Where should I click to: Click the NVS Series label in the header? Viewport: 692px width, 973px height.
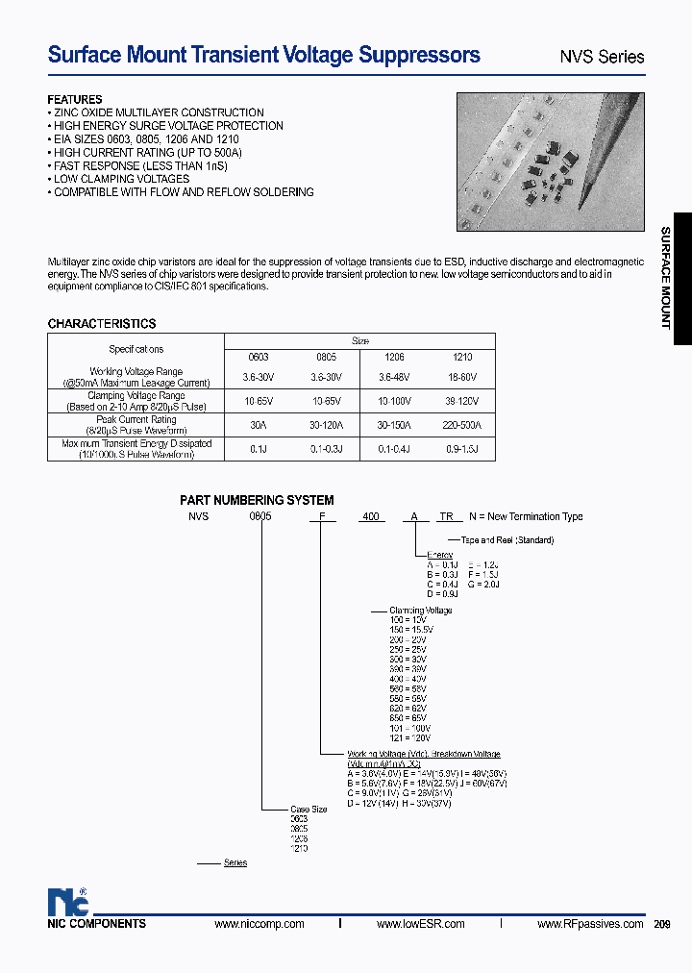click(602, 57)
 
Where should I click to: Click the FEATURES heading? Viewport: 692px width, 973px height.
click(75, 100)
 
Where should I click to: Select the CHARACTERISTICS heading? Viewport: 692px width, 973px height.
click(102, 324)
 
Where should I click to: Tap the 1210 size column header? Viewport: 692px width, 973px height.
click(461, 357)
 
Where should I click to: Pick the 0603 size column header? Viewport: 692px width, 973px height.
click(259, 357)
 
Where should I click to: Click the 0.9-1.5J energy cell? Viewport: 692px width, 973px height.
click(461, 449)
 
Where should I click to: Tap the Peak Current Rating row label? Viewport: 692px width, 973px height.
click(136, 420)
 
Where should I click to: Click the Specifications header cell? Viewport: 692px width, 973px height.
click(136, 349)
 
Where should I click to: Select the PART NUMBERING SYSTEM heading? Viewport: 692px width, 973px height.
click(257, 500)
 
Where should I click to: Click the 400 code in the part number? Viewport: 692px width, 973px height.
click(370, 517)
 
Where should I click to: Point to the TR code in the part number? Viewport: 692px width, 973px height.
click(446, 517)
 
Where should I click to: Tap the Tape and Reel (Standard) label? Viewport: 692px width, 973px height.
click(507, 540)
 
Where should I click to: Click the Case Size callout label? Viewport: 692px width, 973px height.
click(309, 810)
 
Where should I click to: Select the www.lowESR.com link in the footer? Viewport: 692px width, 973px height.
click(420, 924)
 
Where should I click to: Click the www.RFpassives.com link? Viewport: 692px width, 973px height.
click(590, 924)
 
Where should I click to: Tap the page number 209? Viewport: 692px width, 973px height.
click(662, 924)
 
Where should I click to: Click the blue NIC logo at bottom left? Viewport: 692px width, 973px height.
click(68, 901)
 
